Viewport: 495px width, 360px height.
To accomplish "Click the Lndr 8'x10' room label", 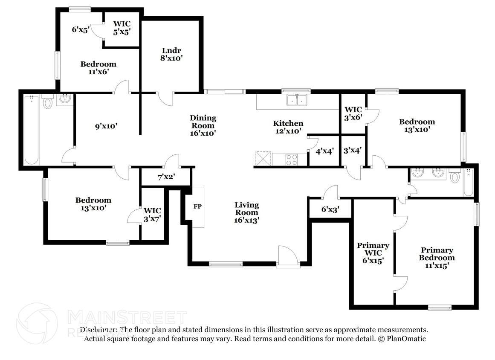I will pos(171,54).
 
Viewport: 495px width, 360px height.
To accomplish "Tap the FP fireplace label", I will pos(197,207).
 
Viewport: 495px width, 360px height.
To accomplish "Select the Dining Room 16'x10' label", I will pos(203,125).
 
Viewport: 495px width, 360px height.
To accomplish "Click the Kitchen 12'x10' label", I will pos(288,127).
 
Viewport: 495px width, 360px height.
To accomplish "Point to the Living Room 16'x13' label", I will pos(246,212).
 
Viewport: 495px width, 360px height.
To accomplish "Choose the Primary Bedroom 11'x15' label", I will pos(437,258).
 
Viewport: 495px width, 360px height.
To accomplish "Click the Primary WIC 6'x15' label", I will pos(373,253).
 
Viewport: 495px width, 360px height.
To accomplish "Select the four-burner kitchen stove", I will pos(292,160).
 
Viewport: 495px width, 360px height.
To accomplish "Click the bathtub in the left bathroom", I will pos(32,130).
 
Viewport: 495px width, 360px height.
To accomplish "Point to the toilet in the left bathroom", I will pos(47,102).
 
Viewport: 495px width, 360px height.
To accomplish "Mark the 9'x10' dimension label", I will pos(106,126).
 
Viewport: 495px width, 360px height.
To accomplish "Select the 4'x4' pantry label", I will pos(324,151).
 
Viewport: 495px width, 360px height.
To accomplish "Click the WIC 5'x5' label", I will pos(122,27).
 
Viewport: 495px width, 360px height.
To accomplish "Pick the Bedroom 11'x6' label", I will pos(98,68).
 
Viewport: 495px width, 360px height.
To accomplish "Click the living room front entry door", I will pos(287,256).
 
